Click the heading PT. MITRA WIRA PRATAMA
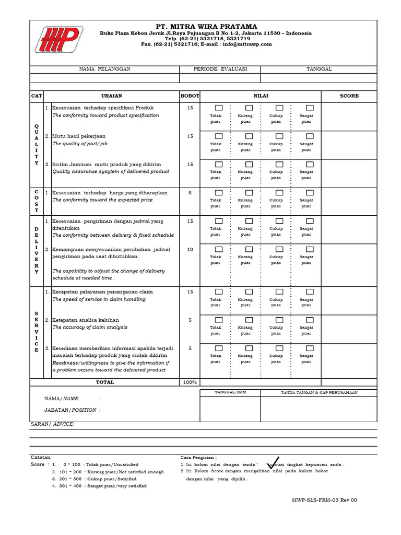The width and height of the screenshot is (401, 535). coord(206,27)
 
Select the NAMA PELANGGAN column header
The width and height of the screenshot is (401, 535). coord(104,69)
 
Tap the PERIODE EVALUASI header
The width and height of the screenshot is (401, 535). coord(219,69)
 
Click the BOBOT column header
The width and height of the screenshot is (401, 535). coord(190,96)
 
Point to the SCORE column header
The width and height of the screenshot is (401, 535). coord(349,96)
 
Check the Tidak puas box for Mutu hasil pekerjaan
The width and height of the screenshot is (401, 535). coord(219,136)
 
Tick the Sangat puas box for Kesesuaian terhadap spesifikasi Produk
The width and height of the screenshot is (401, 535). coord(310,108)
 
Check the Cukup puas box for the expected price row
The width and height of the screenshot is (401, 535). coord(279,193)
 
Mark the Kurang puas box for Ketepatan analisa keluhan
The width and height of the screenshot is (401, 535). coord(249,320)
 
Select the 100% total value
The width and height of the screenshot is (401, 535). coord(190,382)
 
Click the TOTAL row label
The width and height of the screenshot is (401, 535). coord(104,382)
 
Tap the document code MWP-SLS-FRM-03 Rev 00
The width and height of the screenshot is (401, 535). coord(324,500)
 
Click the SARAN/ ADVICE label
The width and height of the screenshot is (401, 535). coord(52,424)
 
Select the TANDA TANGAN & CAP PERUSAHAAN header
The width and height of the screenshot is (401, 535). coord(319,392)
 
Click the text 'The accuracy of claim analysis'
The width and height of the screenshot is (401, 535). coord(89,327)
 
